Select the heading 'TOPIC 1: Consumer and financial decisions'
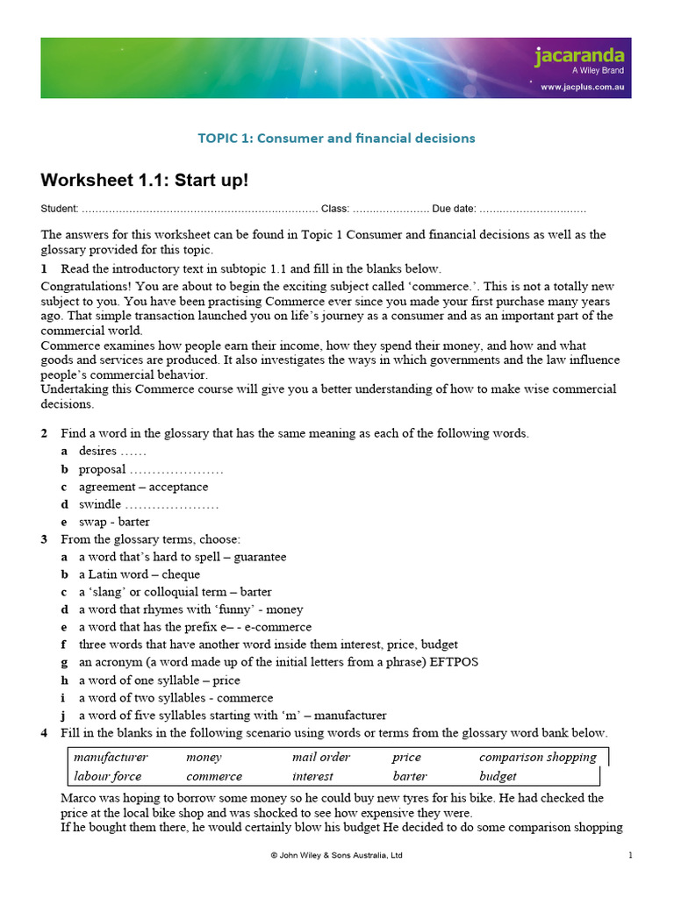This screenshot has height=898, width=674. coord(336,138)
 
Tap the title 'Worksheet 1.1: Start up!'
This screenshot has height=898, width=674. coord(145,181)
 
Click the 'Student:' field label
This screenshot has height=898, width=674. coord(60,210)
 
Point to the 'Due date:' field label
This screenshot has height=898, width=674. coord(454,210)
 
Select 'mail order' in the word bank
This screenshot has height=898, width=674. coord(320,757)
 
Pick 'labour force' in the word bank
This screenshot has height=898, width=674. coord(107,776)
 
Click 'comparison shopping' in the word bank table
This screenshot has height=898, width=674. coord(537,757)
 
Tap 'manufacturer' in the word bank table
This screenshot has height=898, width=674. coord(111,757)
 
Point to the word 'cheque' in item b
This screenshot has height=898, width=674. coord(182,574)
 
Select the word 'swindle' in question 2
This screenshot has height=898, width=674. coord(100,504)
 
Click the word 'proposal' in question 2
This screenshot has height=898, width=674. coord(103,469)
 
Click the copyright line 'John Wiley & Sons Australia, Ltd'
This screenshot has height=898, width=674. coord(336,855)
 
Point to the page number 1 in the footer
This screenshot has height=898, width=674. coord(630,855)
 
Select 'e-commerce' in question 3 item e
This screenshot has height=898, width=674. coord(280,627)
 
